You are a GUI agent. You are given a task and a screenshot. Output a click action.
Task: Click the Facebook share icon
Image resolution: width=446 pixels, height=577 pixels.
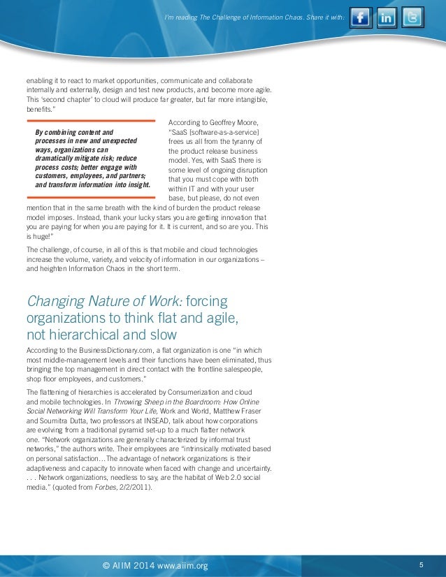pyautogui.click(x=360, y=17)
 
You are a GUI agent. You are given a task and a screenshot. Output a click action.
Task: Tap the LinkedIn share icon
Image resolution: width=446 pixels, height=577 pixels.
pyautogui.click(x=387, y=17)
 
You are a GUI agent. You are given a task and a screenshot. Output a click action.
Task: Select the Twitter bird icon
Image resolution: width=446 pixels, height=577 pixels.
pyautogui.click(x=412, y=17)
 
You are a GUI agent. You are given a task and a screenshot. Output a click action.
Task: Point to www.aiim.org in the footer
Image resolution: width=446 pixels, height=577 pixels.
pyautogui.click(x=183, y=565)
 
